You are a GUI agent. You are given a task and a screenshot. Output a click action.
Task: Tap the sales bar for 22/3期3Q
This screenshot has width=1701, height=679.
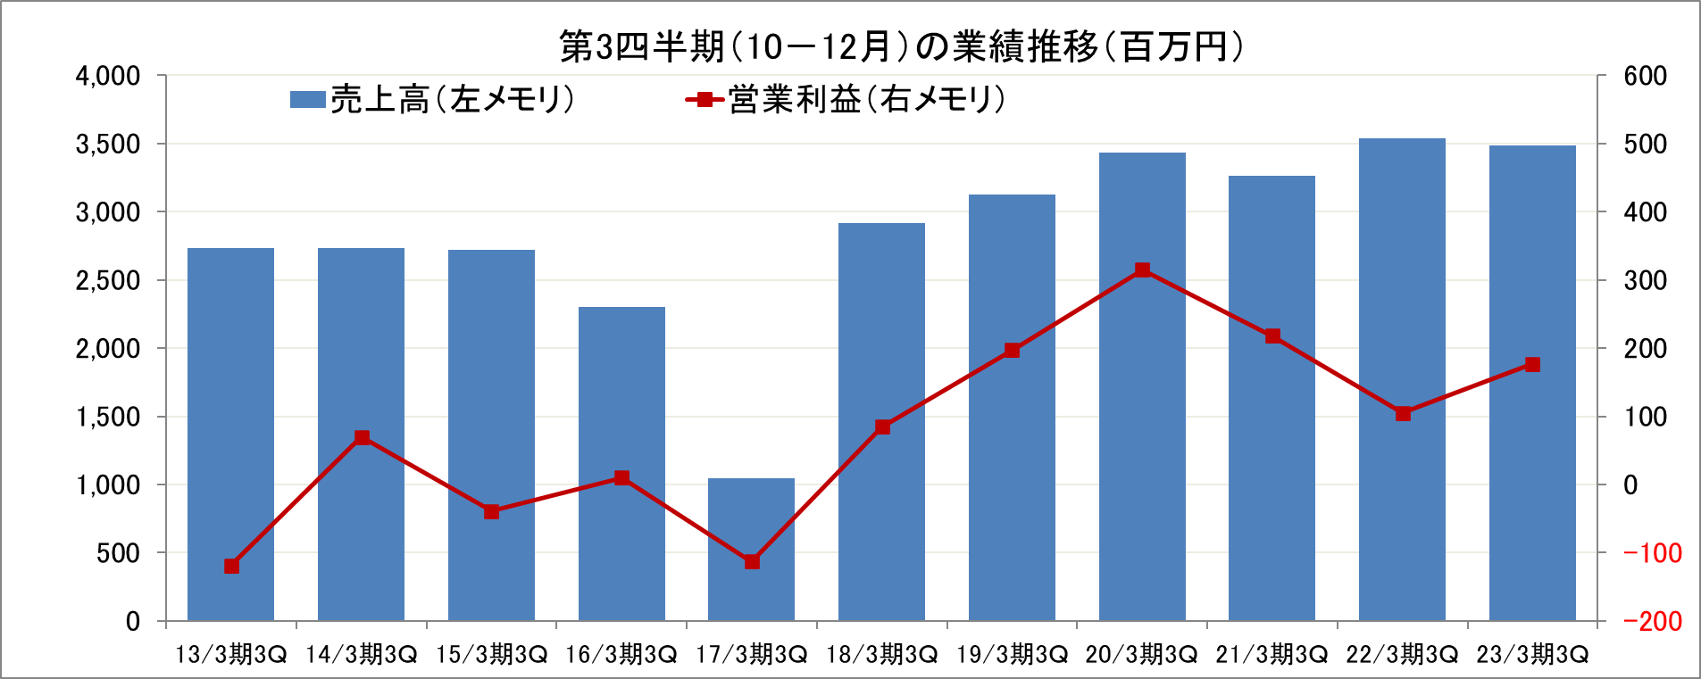coord(1402,268)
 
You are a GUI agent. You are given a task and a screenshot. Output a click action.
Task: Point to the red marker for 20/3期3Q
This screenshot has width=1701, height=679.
coord(1142,270)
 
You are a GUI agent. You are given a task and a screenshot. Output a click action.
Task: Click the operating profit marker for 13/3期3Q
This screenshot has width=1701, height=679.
coord(231,566)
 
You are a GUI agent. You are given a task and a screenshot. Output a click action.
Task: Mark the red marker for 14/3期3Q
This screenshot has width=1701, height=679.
coord(362,437)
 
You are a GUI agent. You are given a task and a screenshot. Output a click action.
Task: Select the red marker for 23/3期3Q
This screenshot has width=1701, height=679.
coord(1532,364)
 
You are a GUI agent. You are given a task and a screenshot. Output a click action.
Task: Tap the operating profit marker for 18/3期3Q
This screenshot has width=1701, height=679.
coord(882,426)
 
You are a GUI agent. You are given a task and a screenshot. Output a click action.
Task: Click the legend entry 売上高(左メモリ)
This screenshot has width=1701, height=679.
coord(433,99)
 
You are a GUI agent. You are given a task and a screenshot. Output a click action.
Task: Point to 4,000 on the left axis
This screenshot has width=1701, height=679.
coord(108,76)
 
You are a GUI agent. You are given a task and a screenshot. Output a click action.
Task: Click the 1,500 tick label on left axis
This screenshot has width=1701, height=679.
coord(108,417)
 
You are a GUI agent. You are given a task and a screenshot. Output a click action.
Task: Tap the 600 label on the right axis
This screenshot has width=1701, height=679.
coord(1645,76)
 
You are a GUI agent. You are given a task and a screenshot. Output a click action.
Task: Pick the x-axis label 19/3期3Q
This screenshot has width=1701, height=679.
coord(1012,655)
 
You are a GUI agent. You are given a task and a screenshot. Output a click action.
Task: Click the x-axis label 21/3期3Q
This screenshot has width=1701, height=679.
coord(1272,655)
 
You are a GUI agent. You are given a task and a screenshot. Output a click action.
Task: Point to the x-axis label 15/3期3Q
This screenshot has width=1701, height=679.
coord(491,655)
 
